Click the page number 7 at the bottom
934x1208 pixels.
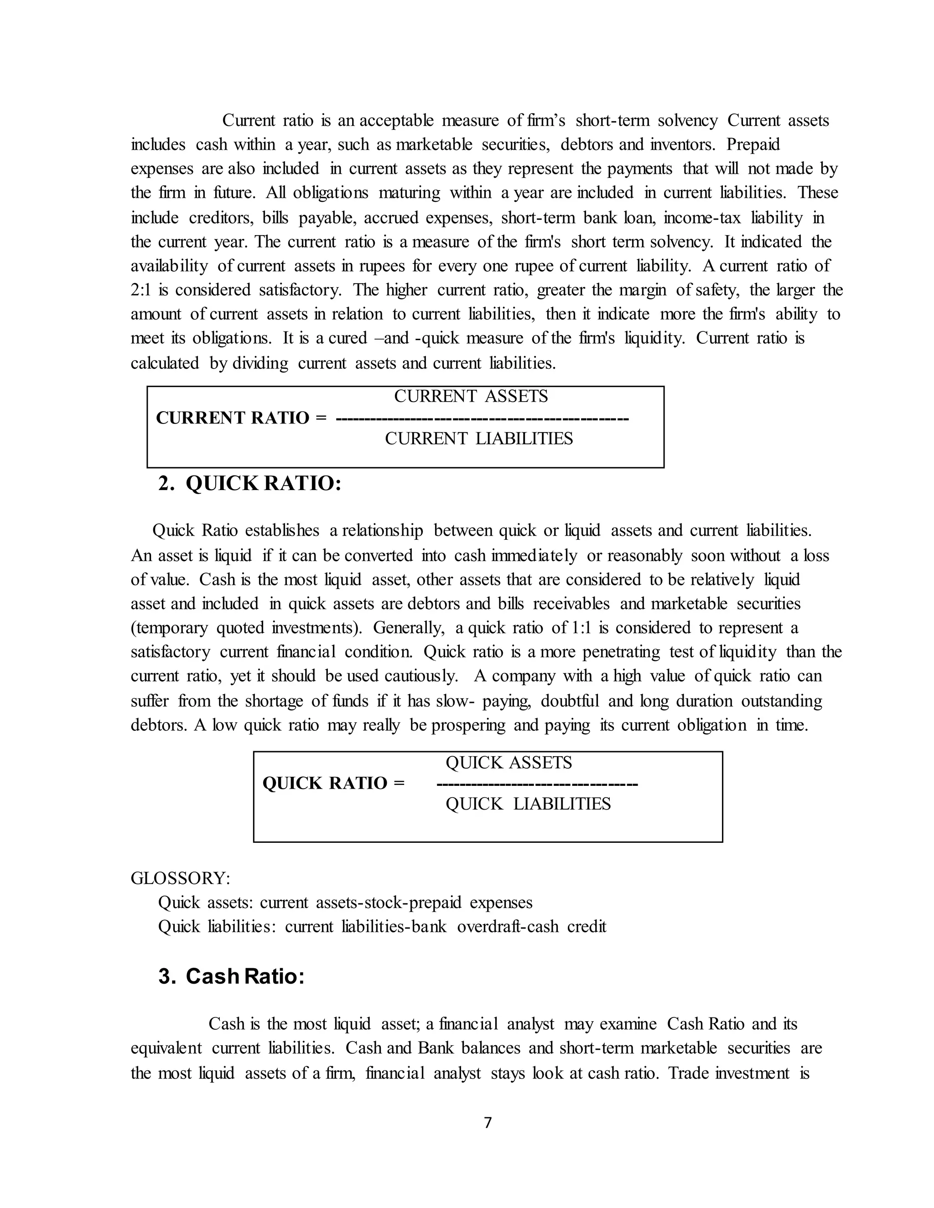pyautogui.click(x=488, y=1122)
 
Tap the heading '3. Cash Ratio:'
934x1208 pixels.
pyautogui.click(x=231, y=976)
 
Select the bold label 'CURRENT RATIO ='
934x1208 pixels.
pyautogui.click(x=241, y=418)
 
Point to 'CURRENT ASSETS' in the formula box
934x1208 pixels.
pyautogui.click(x=471, y=397)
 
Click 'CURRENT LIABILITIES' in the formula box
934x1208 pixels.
pyautogui.click(x=478, y=439)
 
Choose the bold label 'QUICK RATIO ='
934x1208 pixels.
pyautogui.click(x=333, y=783)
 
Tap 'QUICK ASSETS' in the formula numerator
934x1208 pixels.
pyautogui.click(x=509, y=763)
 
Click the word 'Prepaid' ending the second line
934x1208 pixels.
pyautogui.click(x=752, y=145)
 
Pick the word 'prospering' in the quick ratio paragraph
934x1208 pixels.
pyautogui.click(x=468, y=725)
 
